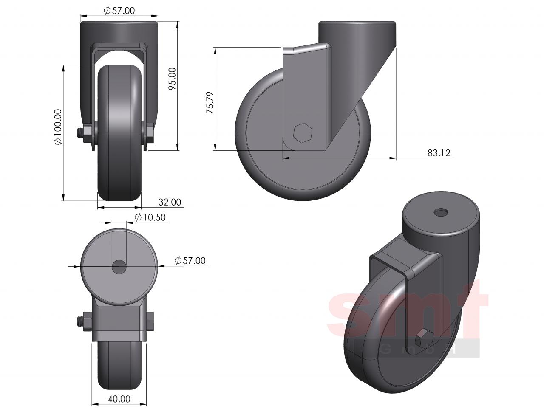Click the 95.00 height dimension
(x=173, y=79)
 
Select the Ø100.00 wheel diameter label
(x=58, y=127)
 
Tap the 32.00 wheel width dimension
(x=170, y=202)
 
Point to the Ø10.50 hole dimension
(x=150, y=217)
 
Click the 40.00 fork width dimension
(x=119, y=399)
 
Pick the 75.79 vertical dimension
(x=210, y=103)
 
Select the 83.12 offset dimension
(x=439, y=153)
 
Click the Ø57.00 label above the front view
(x=119, y=11)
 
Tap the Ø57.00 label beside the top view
(x=190, y=261)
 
